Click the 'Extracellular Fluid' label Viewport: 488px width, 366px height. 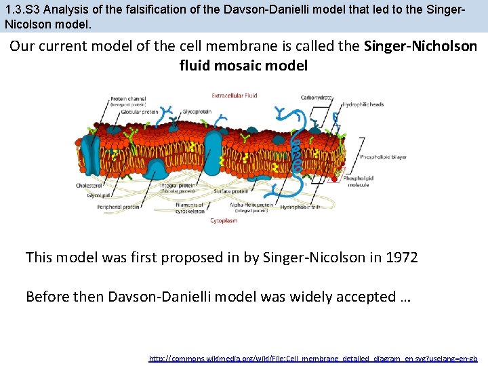(235, 96)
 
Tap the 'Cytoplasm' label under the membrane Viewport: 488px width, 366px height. (224, 220)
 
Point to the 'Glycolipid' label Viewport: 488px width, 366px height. (99, 195)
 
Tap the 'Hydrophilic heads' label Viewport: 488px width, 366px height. (363, 104)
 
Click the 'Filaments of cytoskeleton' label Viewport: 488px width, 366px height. (190, 207)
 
